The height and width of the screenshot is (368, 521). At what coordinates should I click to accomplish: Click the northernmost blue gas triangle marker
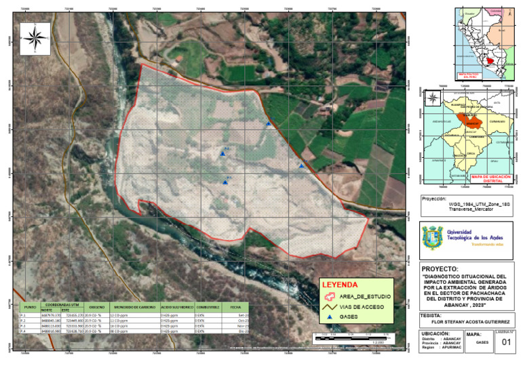269,124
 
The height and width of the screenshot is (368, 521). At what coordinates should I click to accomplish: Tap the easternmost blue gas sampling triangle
301,165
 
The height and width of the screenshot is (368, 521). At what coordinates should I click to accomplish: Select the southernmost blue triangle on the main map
225,182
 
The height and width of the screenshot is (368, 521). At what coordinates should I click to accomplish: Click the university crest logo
431,239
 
